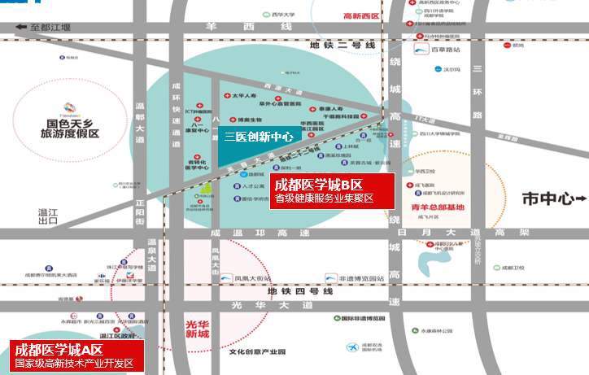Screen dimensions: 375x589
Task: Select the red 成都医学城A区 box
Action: pos(72,356)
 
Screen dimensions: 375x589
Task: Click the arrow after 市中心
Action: pos(578,198)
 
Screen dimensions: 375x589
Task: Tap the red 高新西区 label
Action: pos(361,15)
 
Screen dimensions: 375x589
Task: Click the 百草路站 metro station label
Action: pos(444,50)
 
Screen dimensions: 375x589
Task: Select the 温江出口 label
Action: pos(48,216)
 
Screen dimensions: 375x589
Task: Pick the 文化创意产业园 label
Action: pos(258,351)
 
